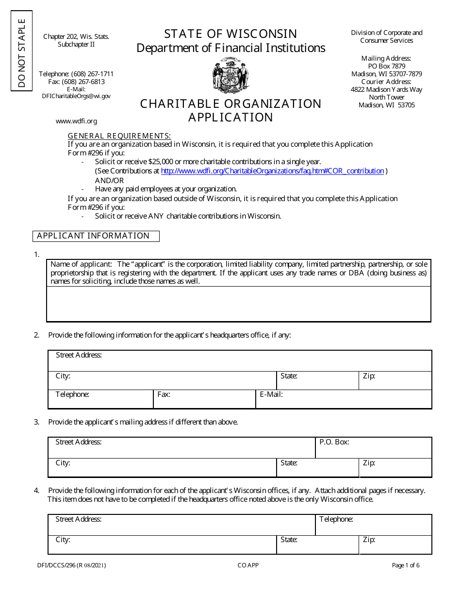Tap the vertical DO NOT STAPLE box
(21, 51)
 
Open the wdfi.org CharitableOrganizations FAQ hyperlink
(272, 171)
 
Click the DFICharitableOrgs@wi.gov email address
(76, 96)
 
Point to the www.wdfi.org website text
(76, 121)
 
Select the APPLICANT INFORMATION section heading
(96, 236)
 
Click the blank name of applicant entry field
(238, 304)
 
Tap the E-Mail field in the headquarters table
(344, 399)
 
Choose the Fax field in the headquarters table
(204, 399)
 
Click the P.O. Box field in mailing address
(373, 447)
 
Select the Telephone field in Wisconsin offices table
(373, 525)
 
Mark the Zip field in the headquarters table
(395, 381)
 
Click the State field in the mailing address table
(317, 468)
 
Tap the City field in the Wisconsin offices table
(162, 545)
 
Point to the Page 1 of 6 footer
(406, 565)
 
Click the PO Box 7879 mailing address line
(386, 66)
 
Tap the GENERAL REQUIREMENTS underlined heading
(119, 136)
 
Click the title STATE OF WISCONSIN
(230, 34)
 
